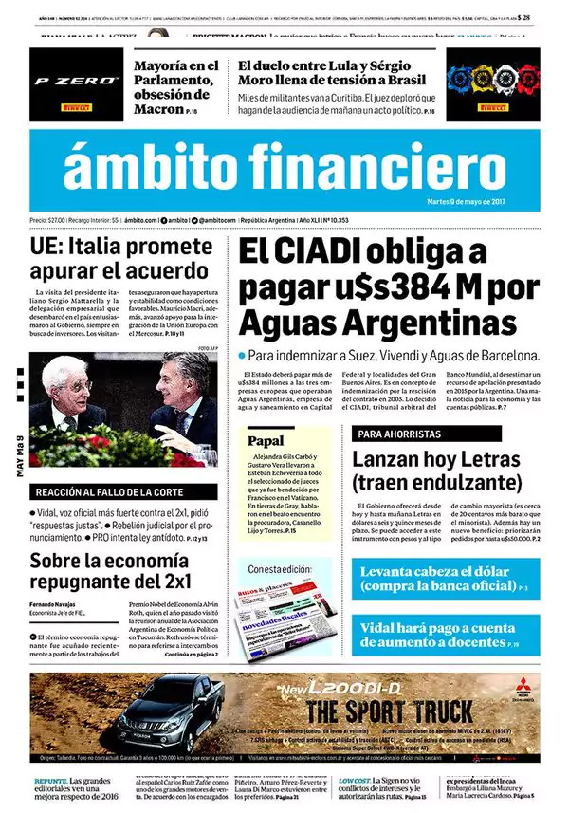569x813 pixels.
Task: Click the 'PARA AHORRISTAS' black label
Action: [398, 434]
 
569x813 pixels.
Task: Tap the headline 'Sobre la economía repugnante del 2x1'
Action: [110, 570]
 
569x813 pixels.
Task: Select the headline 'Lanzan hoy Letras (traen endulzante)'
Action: [436, 471]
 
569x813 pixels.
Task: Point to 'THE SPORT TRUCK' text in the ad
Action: [389, 711]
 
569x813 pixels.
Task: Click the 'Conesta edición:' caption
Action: [280, 568]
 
